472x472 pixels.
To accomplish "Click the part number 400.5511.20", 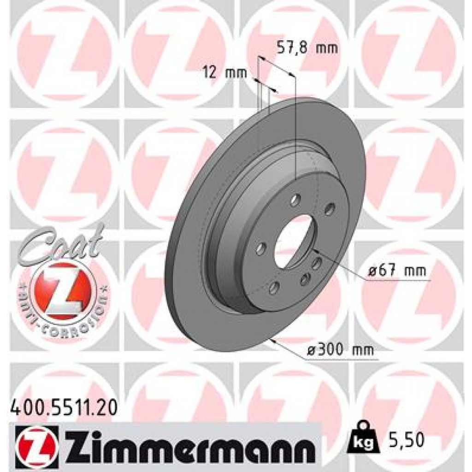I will click(x=63, y=407).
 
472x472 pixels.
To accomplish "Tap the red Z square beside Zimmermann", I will click(x=37, y=443).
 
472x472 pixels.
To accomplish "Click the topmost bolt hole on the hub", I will click(x=295, y=201).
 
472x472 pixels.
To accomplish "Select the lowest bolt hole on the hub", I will click(x=274, y=289).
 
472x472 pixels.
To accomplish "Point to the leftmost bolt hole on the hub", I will click(x=261, y=249).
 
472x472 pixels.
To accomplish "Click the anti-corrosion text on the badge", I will click(x=65, y=318).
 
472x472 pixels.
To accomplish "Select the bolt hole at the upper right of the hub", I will click(x=329, y=210).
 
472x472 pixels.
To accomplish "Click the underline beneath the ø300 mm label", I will click(x=341, y=359).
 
